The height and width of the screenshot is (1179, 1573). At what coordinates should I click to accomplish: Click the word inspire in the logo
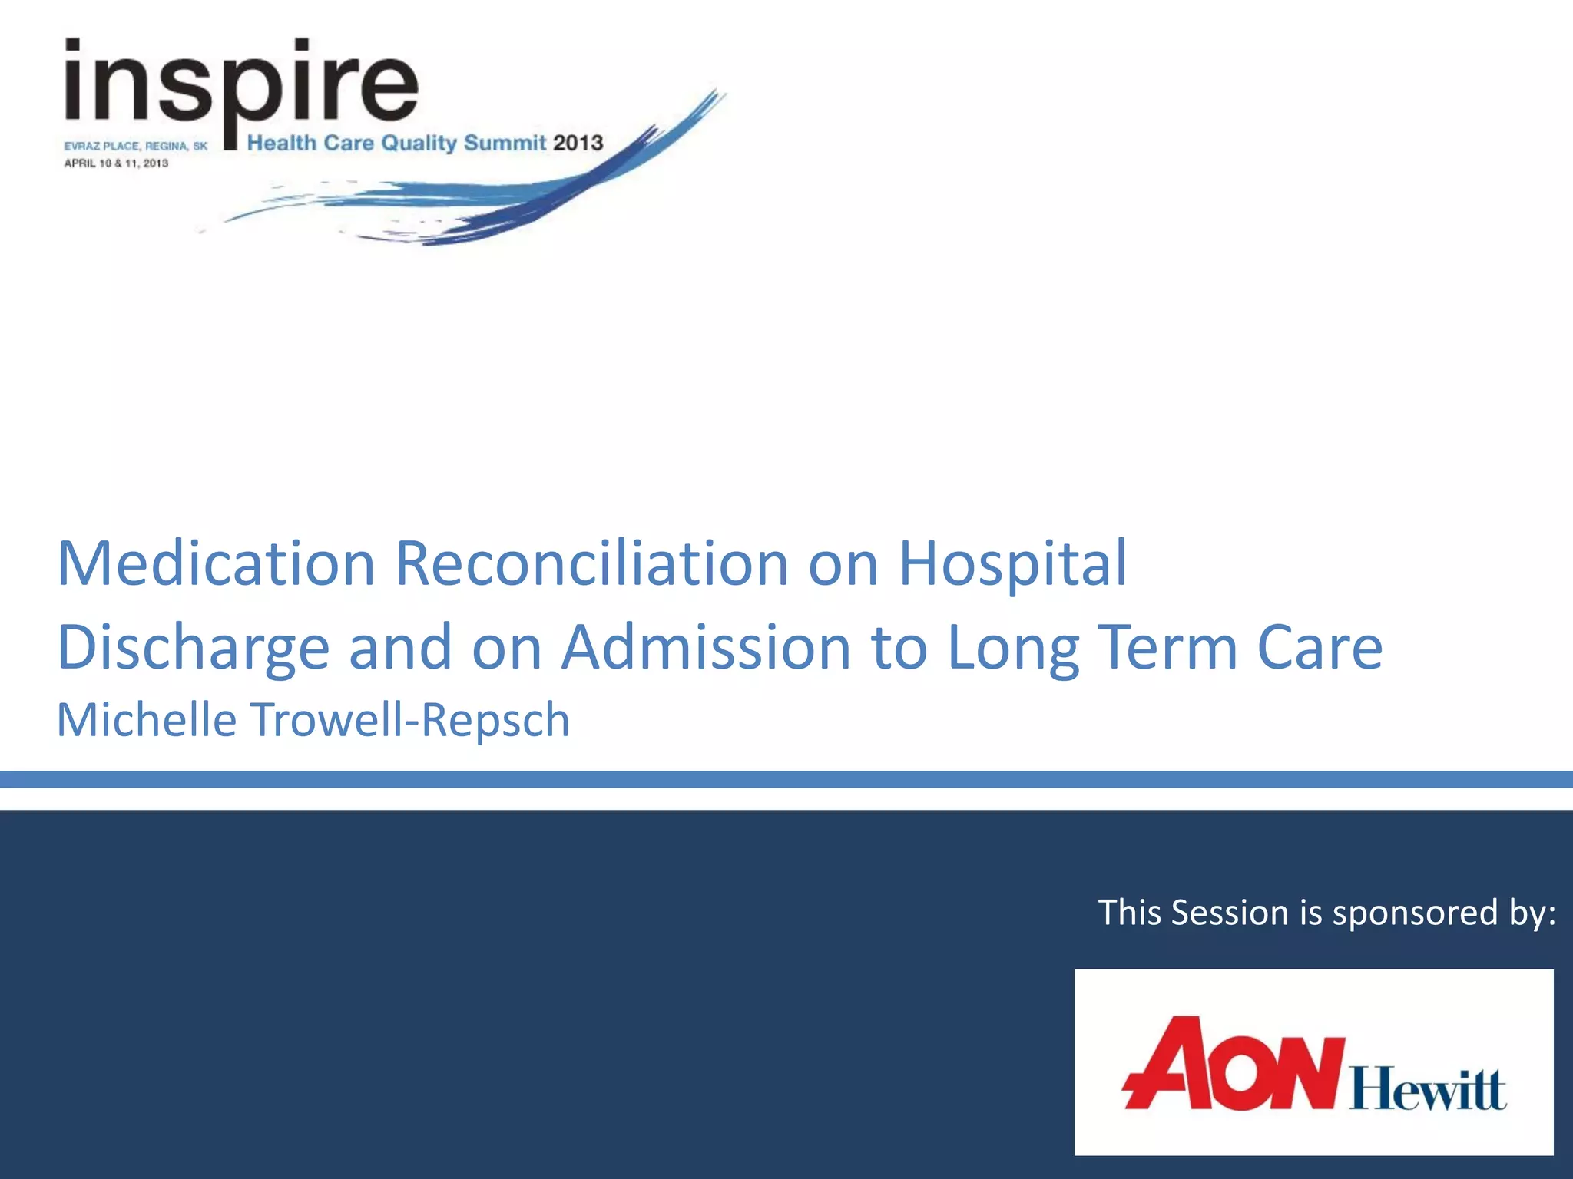coord(241,84)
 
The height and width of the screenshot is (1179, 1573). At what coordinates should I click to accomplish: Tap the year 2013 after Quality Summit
coord(578,143)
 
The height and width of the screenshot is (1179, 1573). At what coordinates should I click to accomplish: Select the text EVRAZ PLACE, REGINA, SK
coord(135,146)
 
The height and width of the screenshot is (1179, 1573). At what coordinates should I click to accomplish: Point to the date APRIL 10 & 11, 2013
coord(116,163)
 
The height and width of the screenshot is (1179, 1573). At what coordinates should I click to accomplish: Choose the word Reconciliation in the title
coord(591,563)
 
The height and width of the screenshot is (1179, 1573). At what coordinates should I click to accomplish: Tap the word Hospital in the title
coord(1012,563)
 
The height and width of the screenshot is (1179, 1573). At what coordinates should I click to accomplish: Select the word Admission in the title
coord(706,648)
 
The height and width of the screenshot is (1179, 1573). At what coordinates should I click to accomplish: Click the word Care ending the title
coord(1320,648)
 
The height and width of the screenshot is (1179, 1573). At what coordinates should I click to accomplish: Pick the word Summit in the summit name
coord(505,143)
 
